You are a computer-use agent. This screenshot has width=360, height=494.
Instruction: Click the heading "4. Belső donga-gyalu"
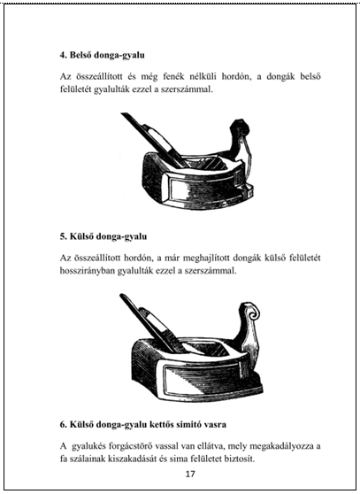click(x=103, y=55)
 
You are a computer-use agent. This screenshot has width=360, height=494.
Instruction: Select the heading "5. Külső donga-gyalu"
click(x=103, y=236)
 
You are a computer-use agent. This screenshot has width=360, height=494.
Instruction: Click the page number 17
click(x=190, y=474)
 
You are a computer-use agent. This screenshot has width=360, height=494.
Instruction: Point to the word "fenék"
click(x=172, y=76)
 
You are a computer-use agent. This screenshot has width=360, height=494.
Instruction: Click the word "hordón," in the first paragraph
click(x=236, y=76)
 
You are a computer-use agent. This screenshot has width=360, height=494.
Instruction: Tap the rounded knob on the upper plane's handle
click(x=241, y=127)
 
